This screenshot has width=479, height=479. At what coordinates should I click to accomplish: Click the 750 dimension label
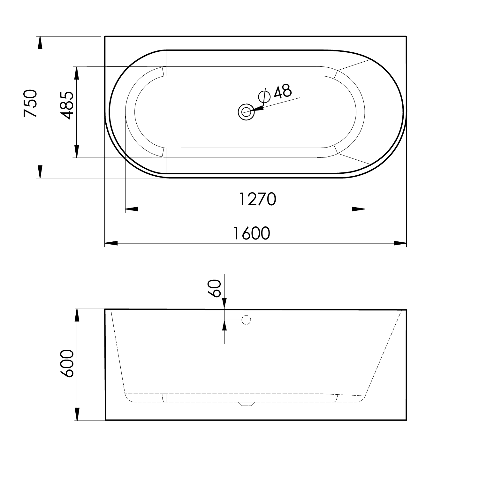[31, 103]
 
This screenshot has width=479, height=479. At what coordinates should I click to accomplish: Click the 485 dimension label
[67, 105]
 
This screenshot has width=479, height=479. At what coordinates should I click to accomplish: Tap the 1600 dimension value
[252, 233]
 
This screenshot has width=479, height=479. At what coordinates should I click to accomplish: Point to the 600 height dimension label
[67, 364]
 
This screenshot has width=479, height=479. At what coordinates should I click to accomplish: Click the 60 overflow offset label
[216, 288]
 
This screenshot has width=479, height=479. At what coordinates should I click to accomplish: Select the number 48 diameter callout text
[283, 92]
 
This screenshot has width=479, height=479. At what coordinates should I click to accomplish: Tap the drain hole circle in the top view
[246, 112]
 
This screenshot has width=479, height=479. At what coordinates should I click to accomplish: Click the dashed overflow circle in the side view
[247, 320]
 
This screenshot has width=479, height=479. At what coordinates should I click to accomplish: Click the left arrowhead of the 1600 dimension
[111, 243]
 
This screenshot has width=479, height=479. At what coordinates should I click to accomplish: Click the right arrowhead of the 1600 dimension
[400, 243]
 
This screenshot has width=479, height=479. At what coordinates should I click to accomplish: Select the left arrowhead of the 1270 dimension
[132, 209]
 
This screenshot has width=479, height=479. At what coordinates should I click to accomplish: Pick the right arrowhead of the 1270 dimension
[358, 209]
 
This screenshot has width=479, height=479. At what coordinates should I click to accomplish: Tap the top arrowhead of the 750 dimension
[40, 43]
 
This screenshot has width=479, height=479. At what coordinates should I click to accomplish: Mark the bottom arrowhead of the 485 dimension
[76, 151]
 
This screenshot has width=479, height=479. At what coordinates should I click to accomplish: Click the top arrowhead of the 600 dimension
[77, 316]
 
